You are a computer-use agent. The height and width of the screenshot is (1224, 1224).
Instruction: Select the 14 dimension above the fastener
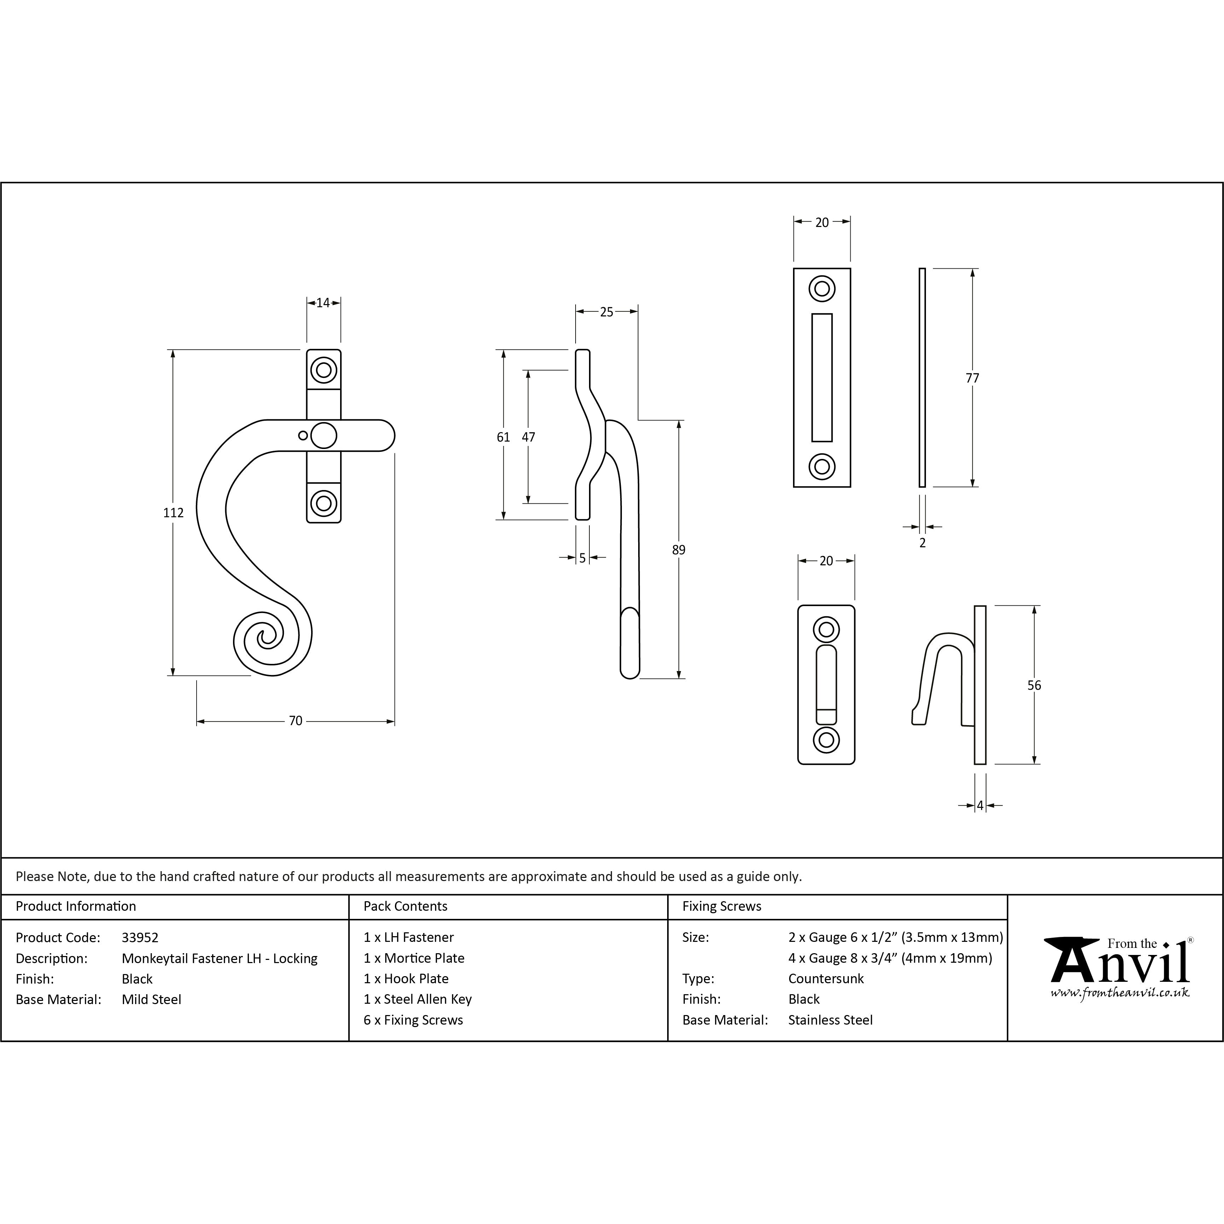(x=323, y=303)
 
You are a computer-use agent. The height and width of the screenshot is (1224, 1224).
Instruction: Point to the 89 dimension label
(x=678, y=550)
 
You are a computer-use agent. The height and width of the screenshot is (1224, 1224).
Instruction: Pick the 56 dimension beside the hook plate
(x=1034, y=685)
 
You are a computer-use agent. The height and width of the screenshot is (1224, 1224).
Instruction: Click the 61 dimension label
(x=503, y=437)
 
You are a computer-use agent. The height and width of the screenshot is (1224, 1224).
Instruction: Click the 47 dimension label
(x=528, y=437)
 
